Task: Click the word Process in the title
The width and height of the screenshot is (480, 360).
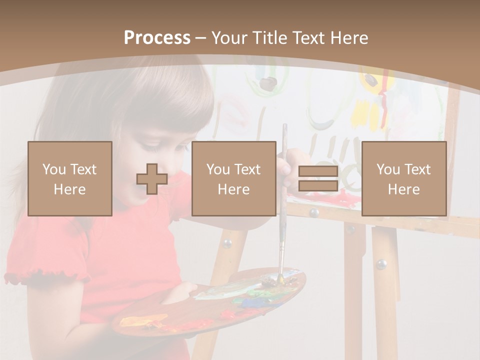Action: [x=157, y=38]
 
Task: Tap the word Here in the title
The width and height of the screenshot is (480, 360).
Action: [x=348, y=38]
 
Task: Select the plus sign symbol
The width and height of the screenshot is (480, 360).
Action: [x=152, y=179]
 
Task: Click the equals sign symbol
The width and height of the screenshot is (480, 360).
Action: [x=318, y=179]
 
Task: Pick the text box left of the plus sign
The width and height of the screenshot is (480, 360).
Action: [x=70, y=179]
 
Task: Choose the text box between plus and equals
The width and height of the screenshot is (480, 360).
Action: [x=234, y=179]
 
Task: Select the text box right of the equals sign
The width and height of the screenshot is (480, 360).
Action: [x=404, y=179]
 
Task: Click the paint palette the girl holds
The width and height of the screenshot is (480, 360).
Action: [x=210, y=305]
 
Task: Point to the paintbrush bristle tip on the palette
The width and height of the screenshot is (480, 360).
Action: [x=280, y=278]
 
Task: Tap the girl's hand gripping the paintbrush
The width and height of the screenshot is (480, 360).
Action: [x=287, y=167]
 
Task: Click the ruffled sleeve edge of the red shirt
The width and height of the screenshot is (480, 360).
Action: [x=45, y=274]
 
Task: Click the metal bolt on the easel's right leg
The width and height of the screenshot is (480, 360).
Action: [x=382, y=263]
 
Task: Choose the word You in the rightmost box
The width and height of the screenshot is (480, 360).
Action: [x=387, y=169]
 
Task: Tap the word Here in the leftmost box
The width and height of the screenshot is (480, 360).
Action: [x=70, y=189]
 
